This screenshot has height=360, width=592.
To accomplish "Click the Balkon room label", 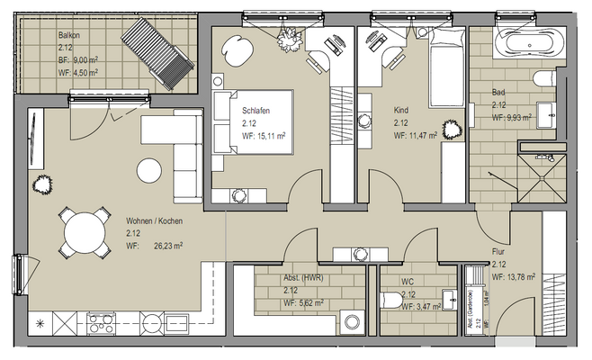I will point(70,34).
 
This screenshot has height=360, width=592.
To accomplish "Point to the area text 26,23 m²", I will point(166,244).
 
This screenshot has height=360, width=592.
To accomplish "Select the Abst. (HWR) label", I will point(302,279).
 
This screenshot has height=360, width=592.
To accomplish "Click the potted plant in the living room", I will point(40,185).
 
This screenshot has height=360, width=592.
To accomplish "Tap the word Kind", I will point(401,111).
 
